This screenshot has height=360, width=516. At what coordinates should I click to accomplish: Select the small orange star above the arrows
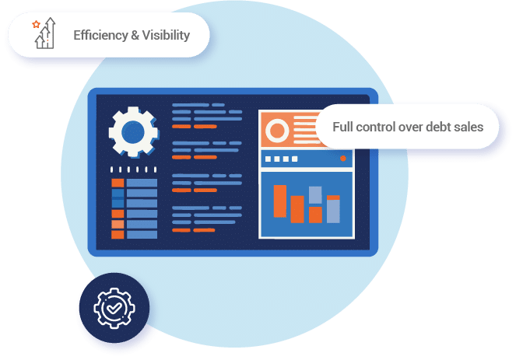coord(35,25)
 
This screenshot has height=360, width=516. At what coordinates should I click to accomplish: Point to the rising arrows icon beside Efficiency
coord(45,36)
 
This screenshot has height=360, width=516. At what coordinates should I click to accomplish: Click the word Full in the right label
coord(343,127)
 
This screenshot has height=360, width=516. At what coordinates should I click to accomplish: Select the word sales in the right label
coord(469,127)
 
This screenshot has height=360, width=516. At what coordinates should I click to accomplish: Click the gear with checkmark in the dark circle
coord(114,308)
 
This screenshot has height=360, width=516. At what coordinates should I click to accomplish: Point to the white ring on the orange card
coord(277,130)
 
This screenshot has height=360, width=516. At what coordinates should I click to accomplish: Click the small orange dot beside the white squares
coord(342,159)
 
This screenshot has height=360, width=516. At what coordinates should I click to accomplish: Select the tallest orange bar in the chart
coord(279,201)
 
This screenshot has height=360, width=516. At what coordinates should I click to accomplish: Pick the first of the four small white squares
coord(268,159)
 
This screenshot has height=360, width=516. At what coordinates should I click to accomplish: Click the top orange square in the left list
coord(118,183)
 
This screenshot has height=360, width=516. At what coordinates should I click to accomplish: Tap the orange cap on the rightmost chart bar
coord(333,198)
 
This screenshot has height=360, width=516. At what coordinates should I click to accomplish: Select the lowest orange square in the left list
coord(118,234)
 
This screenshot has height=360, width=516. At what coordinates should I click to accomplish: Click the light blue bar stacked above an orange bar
coord(315,195)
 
